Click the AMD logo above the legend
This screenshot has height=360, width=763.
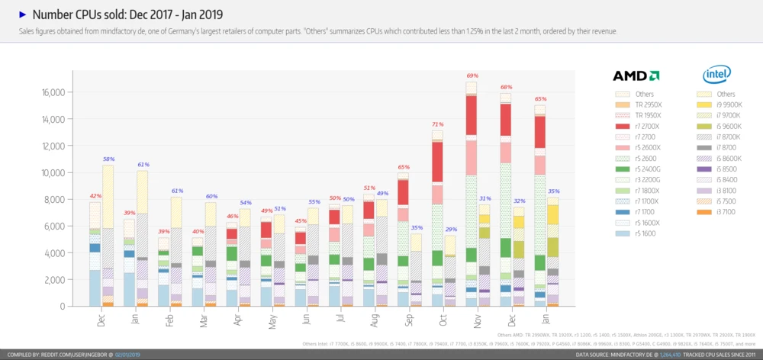pyautogui.click(x=636, y=76)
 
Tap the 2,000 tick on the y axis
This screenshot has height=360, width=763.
pyautogui.click(x=55, y=279)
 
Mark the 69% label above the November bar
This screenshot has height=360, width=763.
pyautogui.click(x=472, y=76)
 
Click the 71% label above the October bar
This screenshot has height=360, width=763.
pyautogui.click(x=437, y=124)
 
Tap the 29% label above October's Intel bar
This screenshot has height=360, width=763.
pyautogui.click(x=451, y=229)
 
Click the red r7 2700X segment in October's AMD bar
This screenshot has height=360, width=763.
pyautogui.click(x=437, y=162)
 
